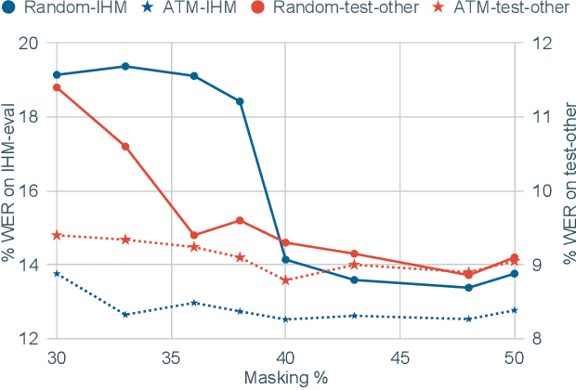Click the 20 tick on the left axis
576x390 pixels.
[31, 43]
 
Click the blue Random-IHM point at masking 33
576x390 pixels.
[125, 66]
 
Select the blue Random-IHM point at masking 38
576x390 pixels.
[240, 101]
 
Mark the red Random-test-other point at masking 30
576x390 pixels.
[57, 87]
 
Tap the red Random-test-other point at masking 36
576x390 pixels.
[194, 235]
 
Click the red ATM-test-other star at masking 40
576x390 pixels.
[285, 279]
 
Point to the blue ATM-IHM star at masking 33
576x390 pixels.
[125, 315]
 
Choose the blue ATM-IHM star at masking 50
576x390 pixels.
[514, 310]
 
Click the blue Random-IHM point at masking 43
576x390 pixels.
[354, 279]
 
